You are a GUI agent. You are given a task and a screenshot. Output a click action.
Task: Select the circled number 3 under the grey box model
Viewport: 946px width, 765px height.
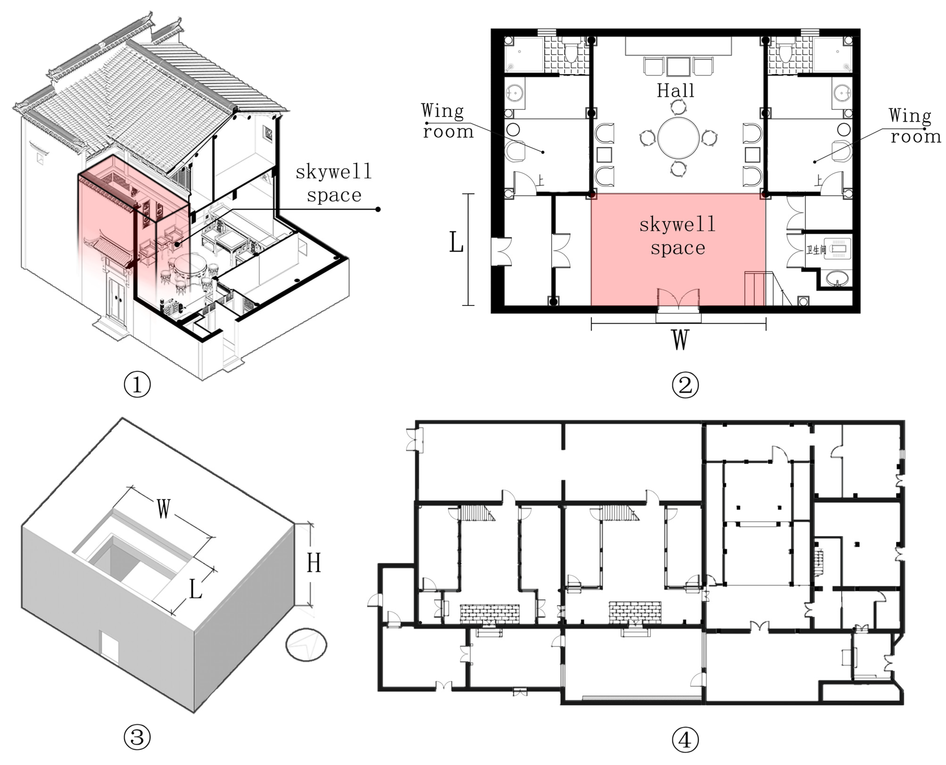[x=137, y=737]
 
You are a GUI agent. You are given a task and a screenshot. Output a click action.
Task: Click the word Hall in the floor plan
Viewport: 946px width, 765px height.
[x=676, y=91]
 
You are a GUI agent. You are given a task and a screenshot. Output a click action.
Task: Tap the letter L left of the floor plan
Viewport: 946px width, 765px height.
[x=456, y=242]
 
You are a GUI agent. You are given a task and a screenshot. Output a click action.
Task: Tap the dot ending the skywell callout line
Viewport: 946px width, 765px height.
[x=378, y=209]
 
